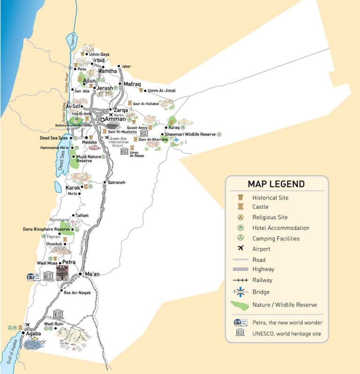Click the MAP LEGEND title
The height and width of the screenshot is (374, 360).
276,184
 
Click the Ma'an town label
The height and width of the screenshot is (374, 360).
92,274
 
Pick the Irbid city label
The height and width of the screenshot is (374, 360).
98,61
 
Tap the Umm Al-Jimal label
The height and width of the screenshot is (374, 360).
161,91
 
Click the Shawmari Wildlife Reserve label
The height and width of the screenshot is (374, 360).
190,134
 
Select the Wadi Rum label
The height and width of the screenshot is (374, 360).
53,324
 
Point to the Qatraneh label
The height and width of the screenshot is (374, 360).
117,182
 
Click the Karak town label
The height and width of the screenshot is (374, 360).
72,187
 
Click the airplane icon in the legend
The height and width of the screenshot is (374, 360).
241,248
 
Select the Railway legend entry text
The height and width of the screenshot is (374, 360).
262,280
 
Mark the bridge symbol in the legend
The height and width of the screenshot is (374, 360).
240,292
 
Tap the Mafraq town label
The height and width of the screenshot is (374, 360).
132,84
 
